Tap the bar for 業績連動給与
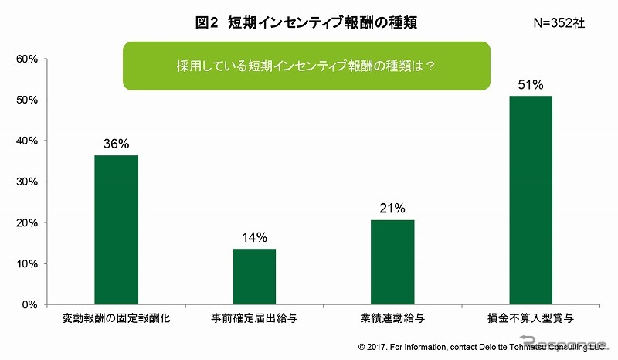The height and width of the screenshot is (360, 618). pyautogui.click(x=392, y=262)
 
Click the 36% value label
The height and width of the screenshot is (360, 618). pyautogui.click(x=116, y=143)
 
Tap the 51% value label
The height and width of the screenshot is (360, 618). pyautogui.click(x=531, y=83)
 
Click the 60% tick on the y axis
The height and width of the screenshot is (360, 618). pyautogui.click(x=27, y=59)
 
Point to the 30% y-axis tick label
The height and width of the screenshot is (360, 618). pyautogui.click(x=27, y=182)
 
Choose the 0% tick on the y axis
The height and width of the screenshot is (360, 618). pyautogui.click(x=30, y=304)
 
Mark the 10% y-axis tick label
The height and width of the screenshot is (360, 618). pyautogui.click(x=27, y=264)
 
